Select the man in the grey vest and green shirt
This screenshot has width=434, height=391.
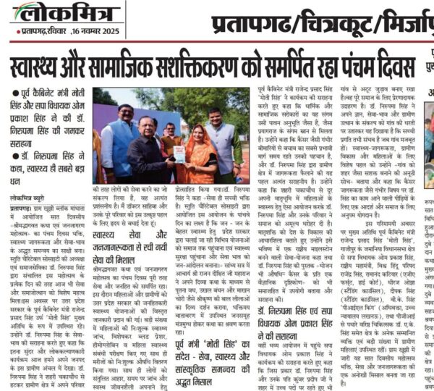[x=216, y=141]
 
